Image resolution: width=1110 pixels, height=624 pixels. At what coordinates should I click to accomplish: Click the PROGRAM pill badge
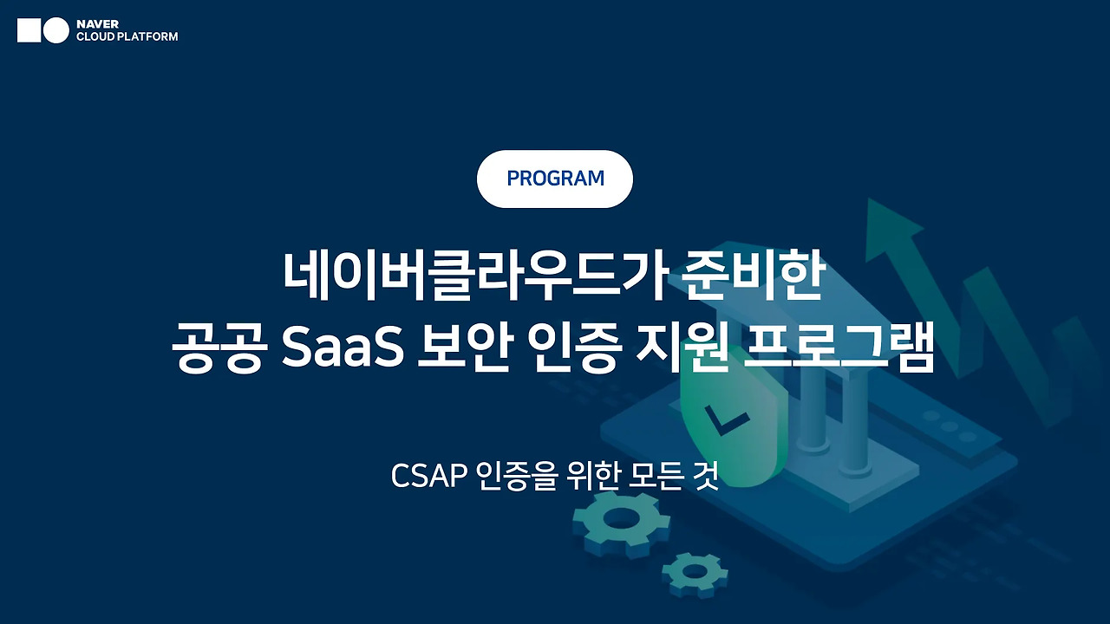pyautogui.click(x=555, y=179)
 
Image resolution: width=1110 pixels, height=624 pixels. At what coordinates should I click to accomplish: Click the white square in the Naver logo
pyautogui.click(x=29, y=30)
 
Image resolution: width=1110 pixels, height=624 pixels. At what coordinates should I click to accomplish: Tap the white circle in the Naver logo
pyautogui.click(x=56, y=30)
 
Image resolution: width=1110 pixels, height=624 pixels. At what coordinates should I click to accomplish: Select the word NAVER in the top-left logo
pyautogui.click(x=97, y=24)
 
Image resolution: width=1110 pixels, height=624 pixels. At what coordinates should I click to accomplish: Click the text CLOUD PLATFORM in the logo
pyautogui.click(x=127, y=37)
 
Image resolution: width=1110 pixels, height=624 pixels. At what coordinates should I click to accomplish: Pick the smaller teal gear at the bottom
pyautogui.click(x=695, y=571)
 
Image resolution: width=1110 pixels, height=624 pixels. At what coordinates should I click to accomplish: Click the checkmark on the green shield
pyautogui.click(x=727, y=422)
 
